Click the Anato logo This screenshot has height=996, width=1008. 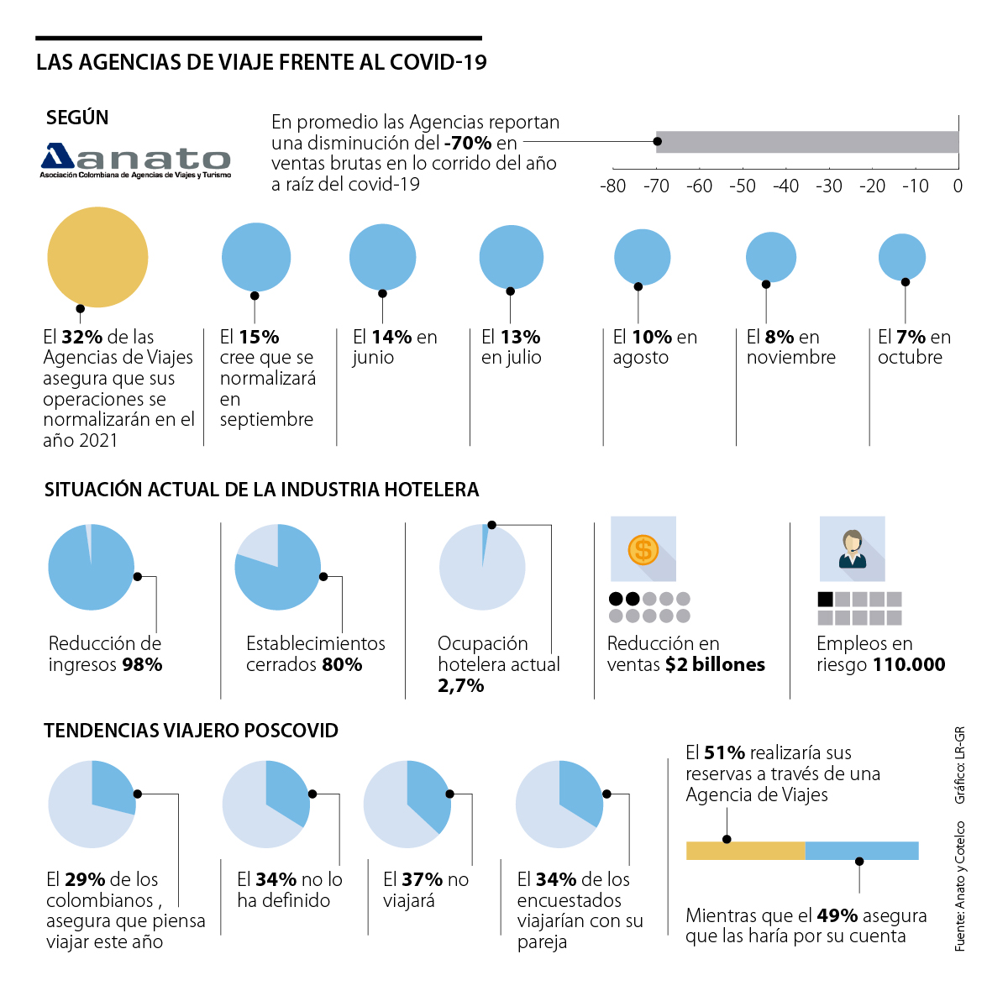pyautogui.click(x=135, y=160)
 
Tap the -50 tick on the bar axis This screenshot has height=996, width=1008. pyautogui.click(x=743, y=186)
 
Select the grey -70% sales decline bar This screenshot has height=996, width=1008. pyautogui.click(x=806, y=142)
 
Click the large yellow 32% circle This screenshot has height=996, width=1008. pyautogui.click(x=97, y=257)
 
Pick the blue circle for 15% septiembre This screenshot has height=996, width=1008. pyautogui.click(x=256, y=258)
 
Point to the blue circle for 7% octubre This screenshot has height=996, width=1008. pyautogui.click(x=902, y=257)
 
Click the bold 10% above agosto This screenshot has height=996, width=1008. pyautogui.click(x=652, y=338)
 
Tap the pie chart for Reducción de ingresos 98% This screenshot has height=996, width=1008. pyautogui.click(x=91, y=567)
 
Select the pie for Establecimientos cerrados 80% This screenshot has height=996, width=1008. pyautogui.click(x=277, y=567)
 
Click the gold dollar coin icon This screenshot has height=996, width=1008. pyautogui.click(x=643, y=550)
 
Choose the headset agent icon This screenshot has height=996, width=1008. pyautogui.click(x=852, y=549)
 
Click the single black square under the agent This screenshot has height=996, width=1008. pyautogui.click(x=825, y=600)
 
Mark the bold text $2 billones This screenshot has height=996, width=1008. pyautogui.click(x=715, y=665)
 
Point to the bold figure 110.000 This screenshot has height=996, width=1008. pyautogui.click(x=910, y=665)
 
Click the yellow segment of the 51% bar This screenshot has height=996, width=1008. pyautogui.click(x=745, y=851)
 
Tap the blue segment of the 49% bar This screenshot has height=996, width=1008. pyautogui.click(x=862, y=851)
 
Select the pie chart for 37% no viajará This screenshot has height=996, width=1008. pyautogui.click(x=407, y=805)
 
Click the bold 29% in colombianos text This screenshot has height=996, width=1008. pyautogui.click(x=85, y=880)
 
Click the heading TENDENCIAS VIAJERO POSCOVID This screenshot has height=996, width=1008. pyautogui.click(x=191, y=731)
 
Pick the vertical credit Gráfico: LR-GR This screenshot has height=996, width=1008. pyautogui.click(x=960, y=765)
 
